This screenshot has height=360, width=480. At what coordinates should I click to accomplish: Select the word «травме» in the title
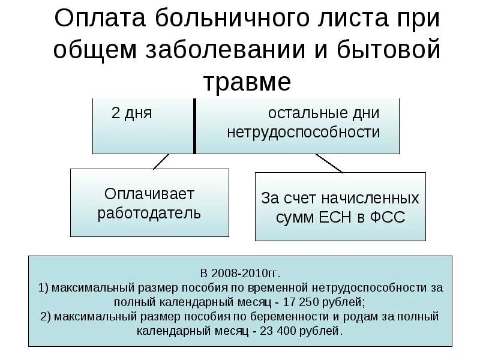247,82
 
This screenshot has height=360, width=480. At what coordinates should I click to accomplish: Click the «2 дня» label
131,113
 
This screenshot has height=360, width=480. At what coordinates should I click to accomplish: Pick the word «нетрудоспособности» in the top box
303,132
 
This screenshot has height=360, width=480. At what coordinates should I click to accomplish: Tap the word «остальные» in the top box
323,113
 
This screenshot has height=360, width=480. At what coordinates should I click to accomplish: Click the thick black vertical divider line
194,126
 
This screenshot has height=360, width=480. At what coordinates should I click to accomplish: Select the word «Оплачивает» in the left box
149,194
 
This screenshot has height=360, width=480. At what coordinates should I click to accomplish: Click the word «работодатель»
149,213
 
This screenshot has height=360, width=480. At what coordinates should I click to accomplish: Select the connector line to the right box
329,163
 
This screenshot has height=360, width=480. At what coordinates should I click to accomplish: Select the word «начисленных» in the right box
368,198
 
